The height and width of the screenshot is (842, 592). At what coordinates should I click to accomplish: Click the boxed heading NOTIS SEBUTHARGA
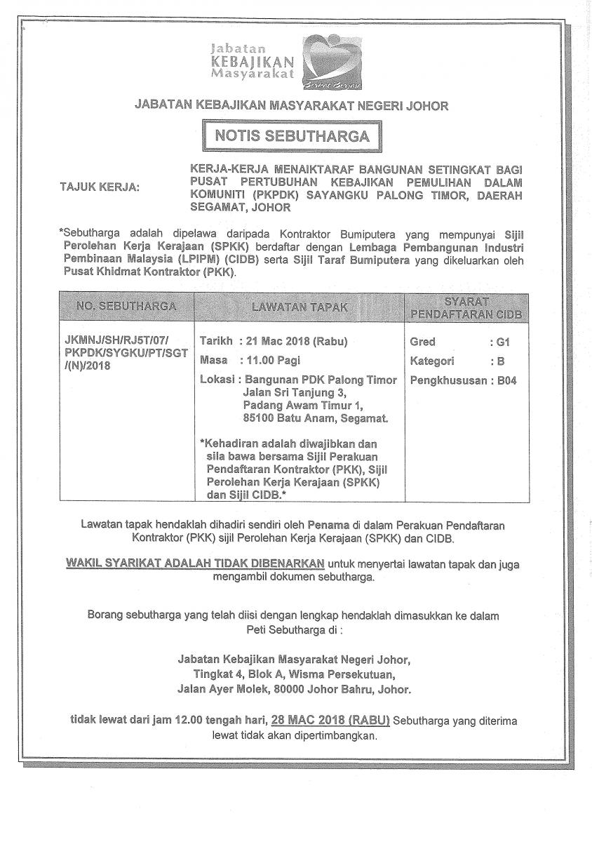[x=292, y=135]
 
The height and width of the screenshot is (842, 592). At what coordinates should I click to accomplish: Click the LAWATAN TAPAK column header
[x=300, y=307]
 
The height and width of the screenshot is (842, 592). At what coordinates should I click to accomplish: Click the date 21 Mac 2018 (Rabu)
[x=294, y=342]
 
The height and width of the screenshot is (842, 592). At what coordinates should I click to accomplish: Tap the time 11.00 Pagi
[x=271, y=361]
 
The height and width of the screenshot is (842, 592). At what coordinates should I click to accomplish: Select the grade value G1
[x=502, y=342]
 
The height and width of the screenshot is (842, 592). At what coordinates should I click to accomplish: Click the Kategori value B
[x=499, y=361]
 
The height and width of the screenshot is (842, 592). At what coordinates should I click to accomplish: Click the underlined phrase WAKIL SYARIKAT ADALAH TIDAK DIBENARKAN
[x=194, y=563]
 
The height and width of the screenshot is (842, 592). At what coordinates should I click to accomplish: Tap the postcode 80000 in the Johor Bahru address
[x=290, y=690]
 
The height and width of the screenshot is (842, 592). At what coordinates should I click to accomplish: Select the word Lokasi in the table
[x=217, y=380]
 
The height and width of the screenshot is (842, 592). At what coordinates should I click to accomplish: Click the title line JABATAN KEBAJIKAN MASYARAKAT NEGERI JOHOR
[x=291, y=106]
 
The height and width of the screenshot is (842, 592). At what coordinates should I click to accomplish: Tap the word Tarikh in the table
[x=216, y=342]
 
